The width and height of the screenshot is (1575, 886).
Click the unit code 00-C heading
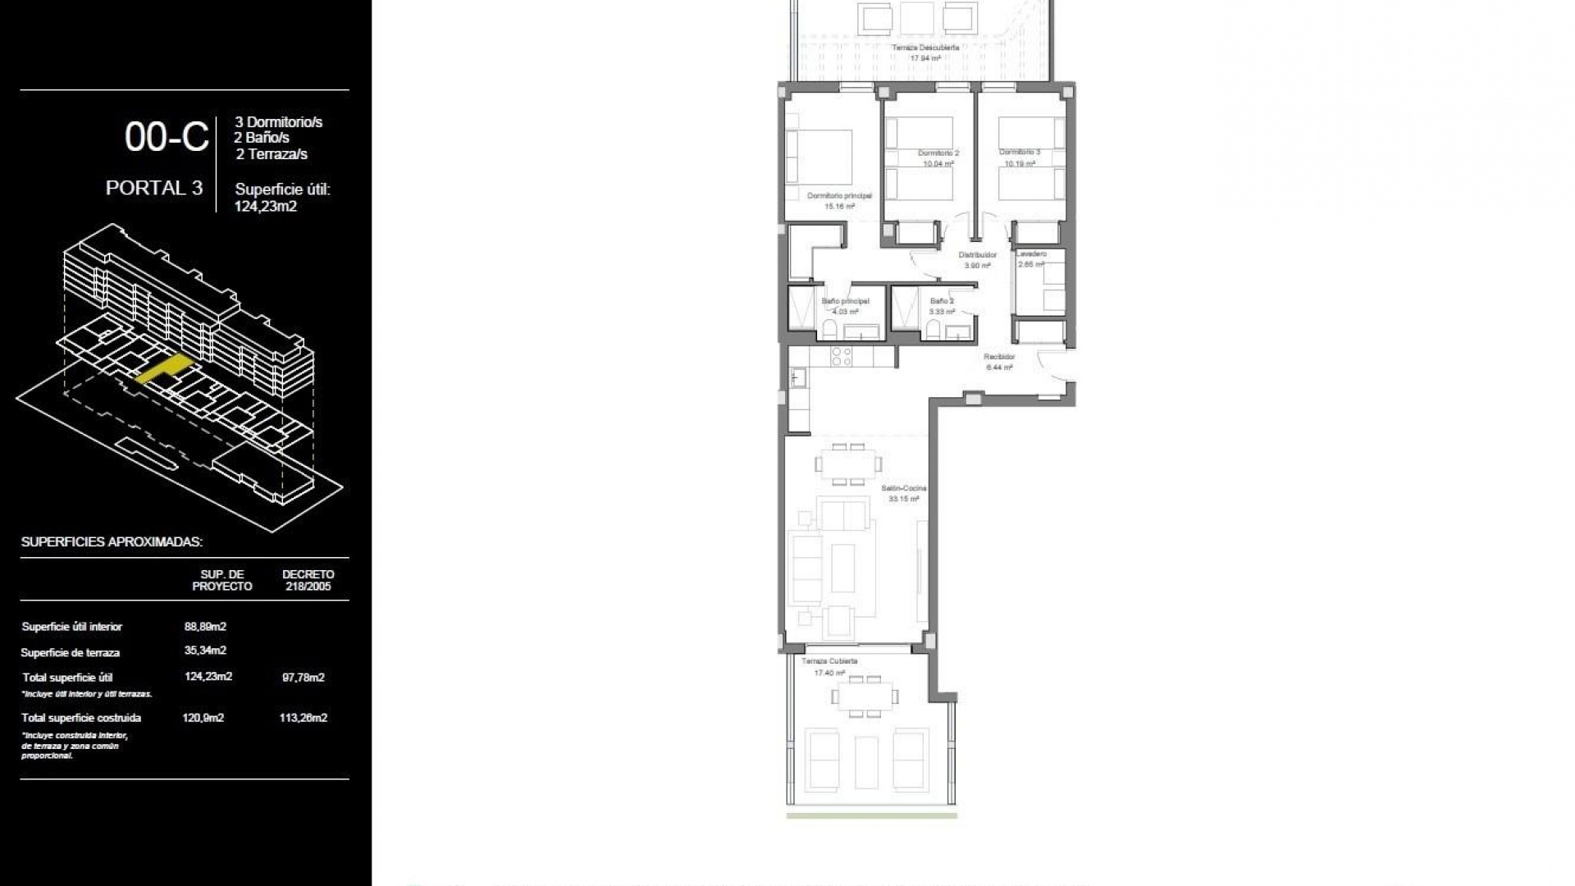[x=167, y=137]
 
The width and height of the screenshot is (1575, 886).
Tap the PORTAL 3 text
[x=154, y=188]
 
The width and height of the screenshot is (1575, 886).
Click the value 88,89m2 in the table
[x=205, y=627]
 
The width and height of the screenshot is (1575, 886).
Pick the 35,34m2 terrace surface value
[x=205, y=651]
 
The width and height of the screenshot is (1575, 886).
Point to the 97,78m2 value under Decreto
[x=303, y=678]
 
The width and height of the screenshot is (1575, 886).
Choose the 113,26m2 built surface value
[x=303, y=718]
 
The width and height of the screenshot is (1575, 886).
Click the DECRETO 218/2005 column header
[x=308, y=580]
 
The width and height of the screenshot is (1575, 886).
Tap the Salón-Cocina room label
[x=903, y=489]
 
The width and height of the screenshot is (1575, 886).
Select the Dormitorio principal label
[x=839, y=196]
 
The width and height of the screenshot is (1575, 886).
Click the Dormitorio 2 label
[x=938, y=153]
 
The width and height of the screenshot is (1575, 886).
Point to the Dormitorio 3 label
[x=1020, y=153]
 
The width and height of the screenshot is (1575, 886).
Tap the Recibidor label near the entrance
[x=999, y=357]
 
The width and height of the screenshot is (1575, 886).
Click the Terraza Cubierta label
[x=829, y=661]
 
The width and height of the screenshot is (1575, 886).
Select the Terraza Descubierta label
[x=925, y=48]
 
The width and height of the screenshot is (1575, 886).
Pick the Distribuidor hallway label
[x=977, y=255]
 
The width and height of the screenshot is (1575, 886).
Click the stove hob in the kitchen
[x=842, y=356]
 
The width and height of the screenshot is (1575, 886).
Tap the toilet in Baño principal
[x=829, y=330]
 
